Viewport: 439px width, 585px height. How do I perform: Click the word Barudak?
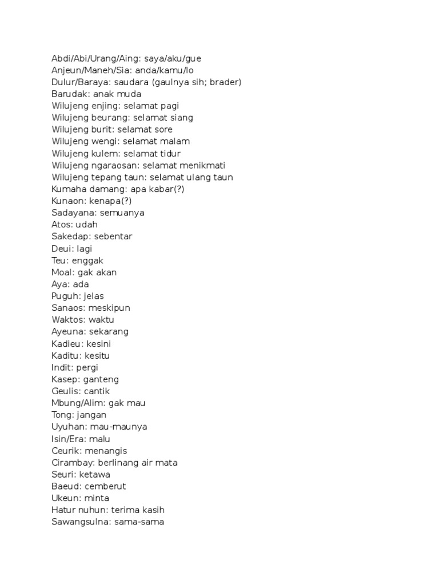70,94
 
